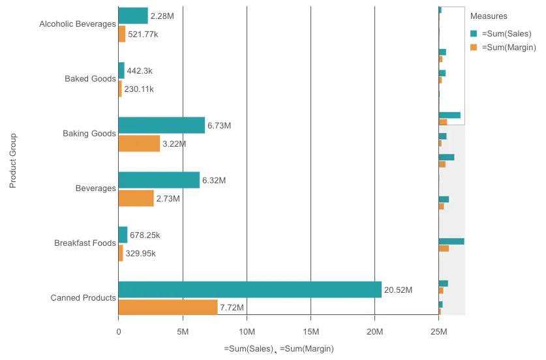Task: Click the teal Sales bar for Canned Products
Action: [250, 290]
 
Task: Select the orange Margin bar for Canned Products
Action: [168, 307]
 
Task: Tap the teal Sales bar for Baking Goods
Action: [161, 125]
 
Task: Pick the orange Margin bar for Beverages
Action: [136, 198]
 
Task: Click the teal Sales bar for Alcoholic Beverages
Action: [133, 16]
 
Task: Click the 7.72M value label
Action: [232, 308]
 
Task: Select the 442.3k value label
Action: [140, 70]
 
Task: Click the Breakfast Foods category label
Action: [85, 243]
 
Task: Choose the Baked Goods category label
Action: [90, 79]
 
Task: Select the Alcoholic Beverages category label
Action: [78, 24]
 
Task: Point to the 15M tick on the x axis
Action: [311, 331]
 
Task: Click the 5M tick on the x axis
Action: [182, 331]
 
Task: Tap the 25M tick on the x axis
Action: [438, 331]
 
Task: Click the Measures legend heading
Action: [489, 16]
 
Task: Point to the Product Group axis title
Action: [12, 161]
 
